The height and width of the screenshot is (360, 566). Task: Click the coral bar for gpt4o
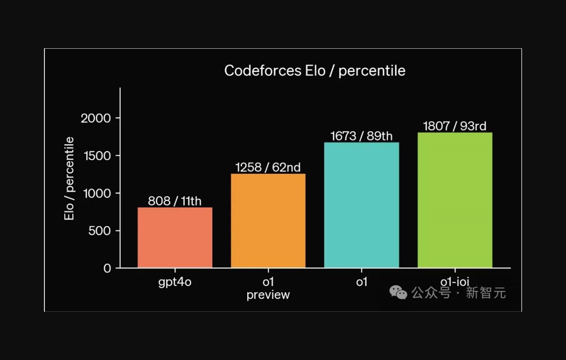click(x=175, y=238)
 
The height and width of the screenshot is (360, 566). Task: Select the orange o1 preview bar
click(x=268, y=220)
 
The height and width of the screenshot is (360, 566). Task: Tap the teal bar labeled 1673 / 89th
click(x=361, y=205)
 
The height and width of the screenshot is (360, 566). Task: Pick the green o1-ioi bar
click(x=455, y=200)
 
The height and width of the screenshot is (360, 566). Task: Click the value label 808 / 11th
click(x=174, y=201)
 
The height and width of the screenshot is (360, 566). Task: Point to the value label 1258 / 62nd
click(x=268, y=167)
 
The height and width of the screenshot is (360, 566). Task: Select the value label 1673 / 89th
click(x=361, y=136)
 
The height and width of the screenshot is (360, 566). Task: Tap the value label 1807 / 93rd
click(x=455, y=126)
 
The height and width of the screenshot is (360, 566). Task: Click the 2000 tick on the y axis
click(x=96, y=118)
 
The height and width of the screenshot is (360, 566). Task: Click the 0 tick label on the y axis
click(x=107, y=269)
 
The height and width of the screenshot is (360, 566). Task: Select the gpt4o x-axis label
click(x=175, y=282)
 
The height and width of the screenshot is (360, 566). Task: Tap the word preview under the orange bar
click(x=268, y=295)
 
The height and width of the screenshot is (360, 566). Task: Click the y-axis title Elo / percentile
click(x=70, y=178)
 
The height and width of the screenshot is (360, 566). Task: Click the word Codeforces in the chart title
click(x=262, y=71)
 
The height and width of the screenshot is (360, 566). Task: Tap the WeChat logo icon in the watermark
click(x=398, y=292)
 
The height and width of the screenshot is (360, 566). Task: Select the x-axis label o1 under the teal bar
click(x=361, y=282)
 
